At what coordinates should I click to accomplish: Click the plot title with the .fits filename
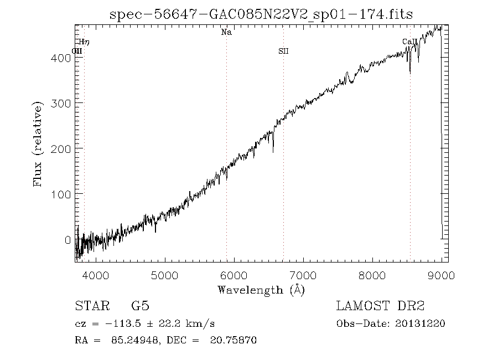(x=261, y=14)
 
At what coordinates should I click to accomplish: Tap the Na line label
(x=226, y=33)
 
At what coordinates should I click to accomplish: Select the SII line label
(x=283, y=52)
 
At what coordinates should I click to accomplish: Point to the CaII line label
(x=409, y=42)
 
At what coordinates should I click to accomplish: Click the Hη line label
(x=84, y=42)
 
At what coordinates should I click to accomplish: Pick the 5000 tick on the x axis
(x=164, y=275)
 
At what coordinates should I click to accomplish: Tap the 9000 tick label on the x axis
(x=441, y=275)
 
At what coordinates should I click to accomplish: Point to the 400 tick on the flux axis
(x=63, y=57)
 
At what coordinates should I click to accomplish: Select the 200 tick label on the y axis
(x=63, y=148)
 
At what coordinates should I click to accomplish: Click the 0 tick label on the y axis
(x=68, y=240)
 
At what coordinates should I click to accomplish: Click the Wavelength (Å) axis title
(x=261, y=289)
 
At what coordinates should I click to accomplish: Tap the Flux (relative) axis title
(x=38, y=144)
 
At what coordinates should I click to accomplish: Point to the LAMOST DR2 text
(x=380, y=306)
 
